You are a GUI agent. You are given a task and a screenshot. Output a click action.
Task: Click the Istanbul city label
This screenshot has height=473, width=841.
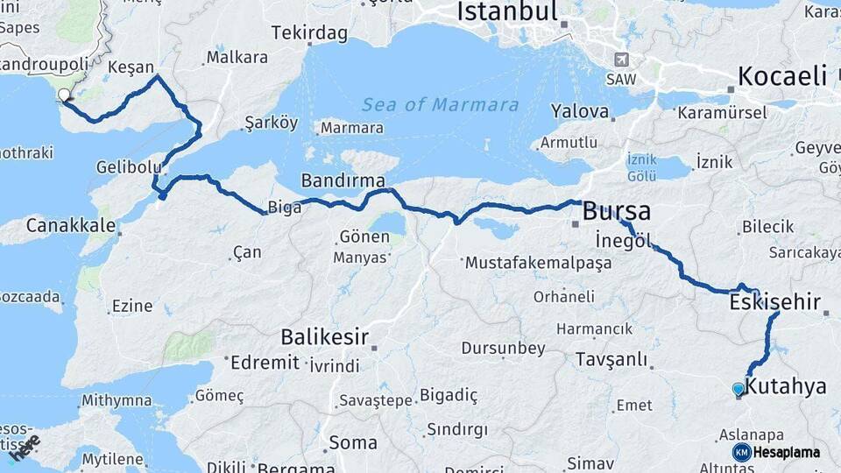(507, 11)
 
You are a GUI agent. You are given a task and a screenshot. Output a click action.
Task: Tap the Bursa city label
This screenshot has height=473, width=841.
(617, 211)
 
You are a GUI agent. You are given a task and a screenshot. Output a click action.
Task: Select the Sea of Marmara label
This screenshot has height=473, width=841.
(441, 105)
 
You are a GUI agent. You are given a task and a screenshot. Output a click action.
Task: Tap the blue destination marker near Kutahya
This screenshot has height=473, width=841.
(739, 388)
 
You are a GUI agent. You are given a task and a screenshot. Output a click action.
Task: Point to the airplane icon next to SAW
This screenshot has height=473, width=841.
(622, 60)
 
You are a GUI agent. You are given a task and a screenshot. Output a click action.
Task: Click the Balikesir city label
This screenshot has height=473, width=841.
(324, 336)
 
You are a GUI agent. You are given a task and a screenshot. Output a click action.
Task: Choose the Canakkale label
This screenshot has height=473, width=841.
(70, 225)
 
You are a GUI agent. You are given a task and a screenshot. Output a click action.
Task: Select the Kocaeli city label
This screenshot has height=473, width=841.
(782, 76)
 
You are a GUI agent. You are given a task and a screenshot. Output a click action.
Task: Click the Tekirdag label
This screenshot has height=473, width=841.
(309, 33)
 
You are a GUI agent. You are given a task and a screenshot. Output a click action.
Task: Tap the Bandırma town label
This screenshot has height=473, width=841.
(343, 180)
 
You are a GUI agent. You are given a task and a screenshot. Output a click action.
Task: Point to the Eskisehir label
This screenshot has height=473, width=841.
(774, 303)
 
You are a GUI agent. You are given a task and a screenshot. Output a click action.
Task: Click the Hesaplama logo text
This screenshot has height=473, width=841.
(788, 452)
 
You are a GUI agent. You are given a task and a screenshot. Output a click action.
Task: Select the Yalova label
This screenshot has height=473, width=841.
(580, 111)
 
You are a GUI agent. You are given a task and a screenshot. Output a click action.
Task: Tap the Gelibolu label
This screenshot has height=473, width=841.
(130, 166)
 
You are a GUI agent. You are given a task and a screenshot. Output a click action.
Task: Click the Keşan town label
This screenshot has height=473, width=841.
(131, 67)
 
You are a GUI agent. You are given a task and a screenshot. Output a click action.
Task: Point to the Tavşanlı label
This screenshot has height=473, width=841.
(611, 359)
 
